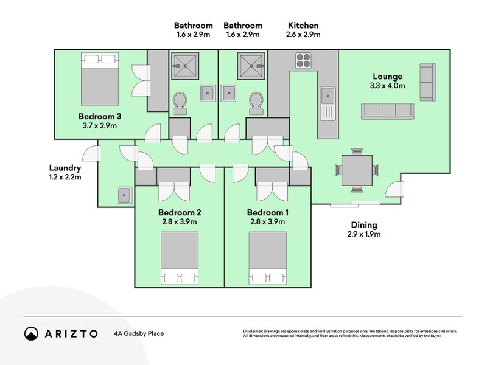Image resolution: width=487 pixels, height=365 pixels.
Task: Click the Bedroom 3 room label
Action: point(100,116)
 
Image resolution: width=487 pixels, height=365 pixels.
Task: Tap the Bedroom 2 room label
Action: point(180,213)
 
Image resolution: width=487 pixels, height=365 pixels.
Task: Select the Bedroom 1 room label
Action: point(268,213)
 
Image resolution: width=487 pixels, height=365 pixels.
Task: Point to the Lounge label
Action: point(387,77)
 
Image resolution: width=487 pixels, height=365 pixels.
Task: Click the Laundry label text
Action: point(65,168)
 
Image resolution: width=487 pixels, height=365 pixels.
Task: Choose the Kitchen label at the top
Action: point(303,26)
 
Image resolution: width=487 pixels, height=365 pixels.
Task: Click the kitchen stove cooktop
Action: point(304,60)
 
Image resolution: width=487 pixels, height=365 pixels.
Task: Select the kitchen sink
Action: point(328,96)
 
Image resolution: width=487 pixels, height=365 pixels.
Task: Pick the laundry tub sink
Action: point(124,195)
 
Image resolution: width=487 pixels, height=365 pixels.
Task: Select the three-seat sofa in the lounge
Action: point(387,110)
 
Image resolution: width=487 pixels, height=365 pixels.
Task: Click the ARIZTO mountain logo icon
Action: point(31,333)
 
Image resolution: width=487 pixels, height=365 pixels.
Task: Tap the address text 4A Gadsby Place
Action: point(139,333)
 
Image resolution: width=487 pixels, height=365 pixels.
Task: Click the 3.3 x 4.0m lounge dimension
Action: point(387,86)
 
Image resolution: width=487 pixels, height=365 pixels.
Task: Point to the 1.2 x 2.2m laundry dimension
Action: point(65,178)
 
